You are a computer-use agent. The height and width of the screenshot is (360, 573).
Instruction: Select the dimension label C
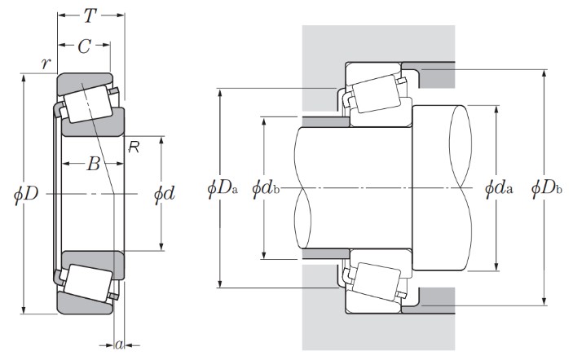pyautogui.click(x=84, y=46)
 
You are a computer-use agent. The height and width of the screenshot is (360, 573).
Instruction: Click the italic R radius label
pyautogui.click(x=134, y=146)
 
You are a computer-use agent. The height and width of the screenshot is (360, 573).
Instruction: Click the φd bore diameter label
pyautogui.click(x=165, y=194)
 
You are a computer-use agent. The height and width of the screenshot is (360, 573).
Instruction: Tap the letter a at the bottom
pyautogui.click(x=119, y=345)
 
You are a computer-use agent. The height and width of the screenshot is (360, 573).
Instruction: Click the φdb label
pyautogui.click(x=267, y=188)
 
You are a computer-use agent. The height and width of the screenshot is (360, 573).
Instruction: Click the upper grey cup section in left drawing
pyautogui.click(x=82, y=81)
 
